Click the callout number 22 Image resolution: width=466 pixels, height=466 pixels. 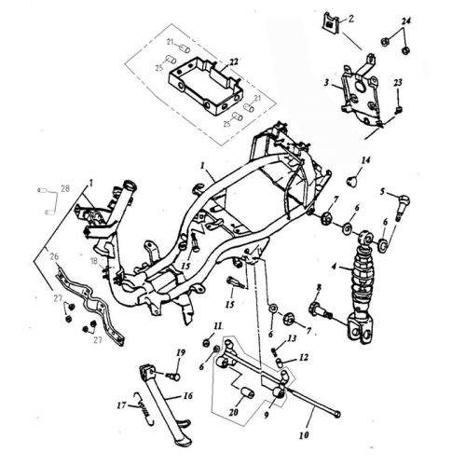pos(233,62)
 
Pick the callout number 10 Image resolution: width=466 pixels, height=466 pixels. pos(304,432)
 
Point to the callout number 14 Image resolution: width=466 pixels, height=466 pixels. pos(365,161)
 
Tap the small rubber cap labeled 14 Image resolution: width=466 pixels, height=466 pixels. pos(354,179)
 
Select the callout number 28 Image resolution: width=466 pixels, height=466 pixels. pos(64,189)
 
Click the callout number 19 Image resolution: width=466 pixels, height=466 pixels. pos(182,351)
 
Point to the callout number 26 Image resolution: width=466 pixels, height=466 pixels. pos(54,257)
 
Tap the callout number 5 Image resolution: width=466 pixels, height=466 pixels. pos(382,191)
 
